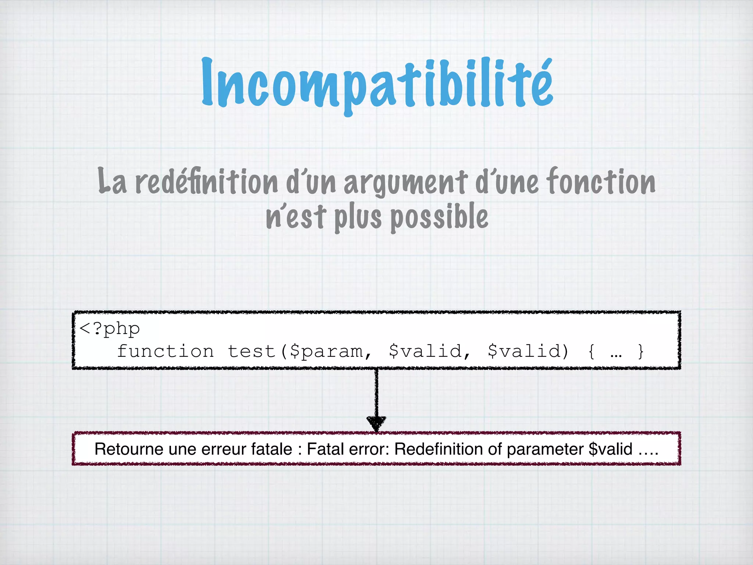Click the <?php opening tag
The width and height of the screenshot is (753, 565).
pyautogui.click(x=110, y=328)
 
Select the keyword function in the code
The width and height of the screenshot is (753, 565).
pyautogui.click(x=165, y=351)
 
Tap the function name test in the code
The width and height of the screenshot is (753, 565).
pyautogui.click(x=251, y=351)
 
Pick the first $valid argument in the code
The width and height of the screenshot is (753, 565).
pyautogui.click(x=425, y=351)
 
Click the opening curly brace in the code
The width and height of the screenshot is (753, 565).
pyautogui.click(x=591, y=352)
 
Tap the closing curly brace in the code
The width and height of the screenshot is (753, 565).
pyautogui.click(x=641, y=352)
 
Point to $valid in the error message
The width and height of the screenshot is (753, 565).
pyautogui.click(x=610, y=449)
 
